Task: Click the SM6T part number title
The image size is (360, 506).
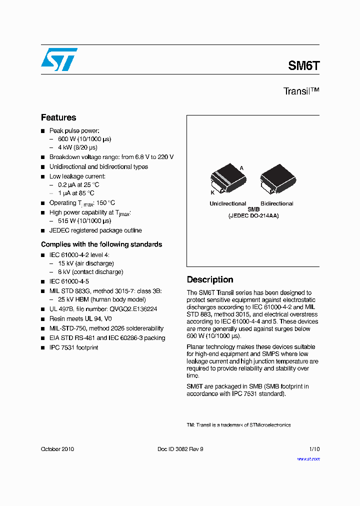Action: tap(303, 65)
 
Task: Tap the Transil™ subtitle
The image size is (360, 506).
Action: tap(301, 91)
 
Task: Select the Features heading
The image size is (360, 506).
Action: tap(58, 117)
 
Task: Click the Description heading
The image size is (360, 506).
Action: tap(210, 279)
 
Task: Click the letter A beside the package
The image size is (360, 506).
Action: tap(241, 168)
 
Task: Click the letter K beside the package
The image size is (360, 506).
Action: tap(212, 192)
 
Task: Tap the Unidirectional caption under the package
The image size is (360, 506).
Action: tap(227, 203)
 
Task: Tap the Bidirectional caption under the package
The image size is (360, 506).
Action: tap(276, 203)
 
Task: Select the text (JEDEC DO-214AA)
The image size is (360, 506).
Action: tap(253, 215)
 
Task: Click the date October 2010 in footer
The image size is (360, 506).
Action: tap(57, 449)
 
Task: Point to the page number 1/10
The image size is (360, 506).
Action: tap(314, 449)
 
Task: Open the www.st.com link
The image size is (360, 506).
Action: tap(308, 458)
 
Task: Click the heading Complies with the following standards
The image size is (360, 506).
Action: tap(101, 244)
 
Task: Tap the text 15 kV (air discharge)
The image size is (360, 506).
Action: tap(86, 263)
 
